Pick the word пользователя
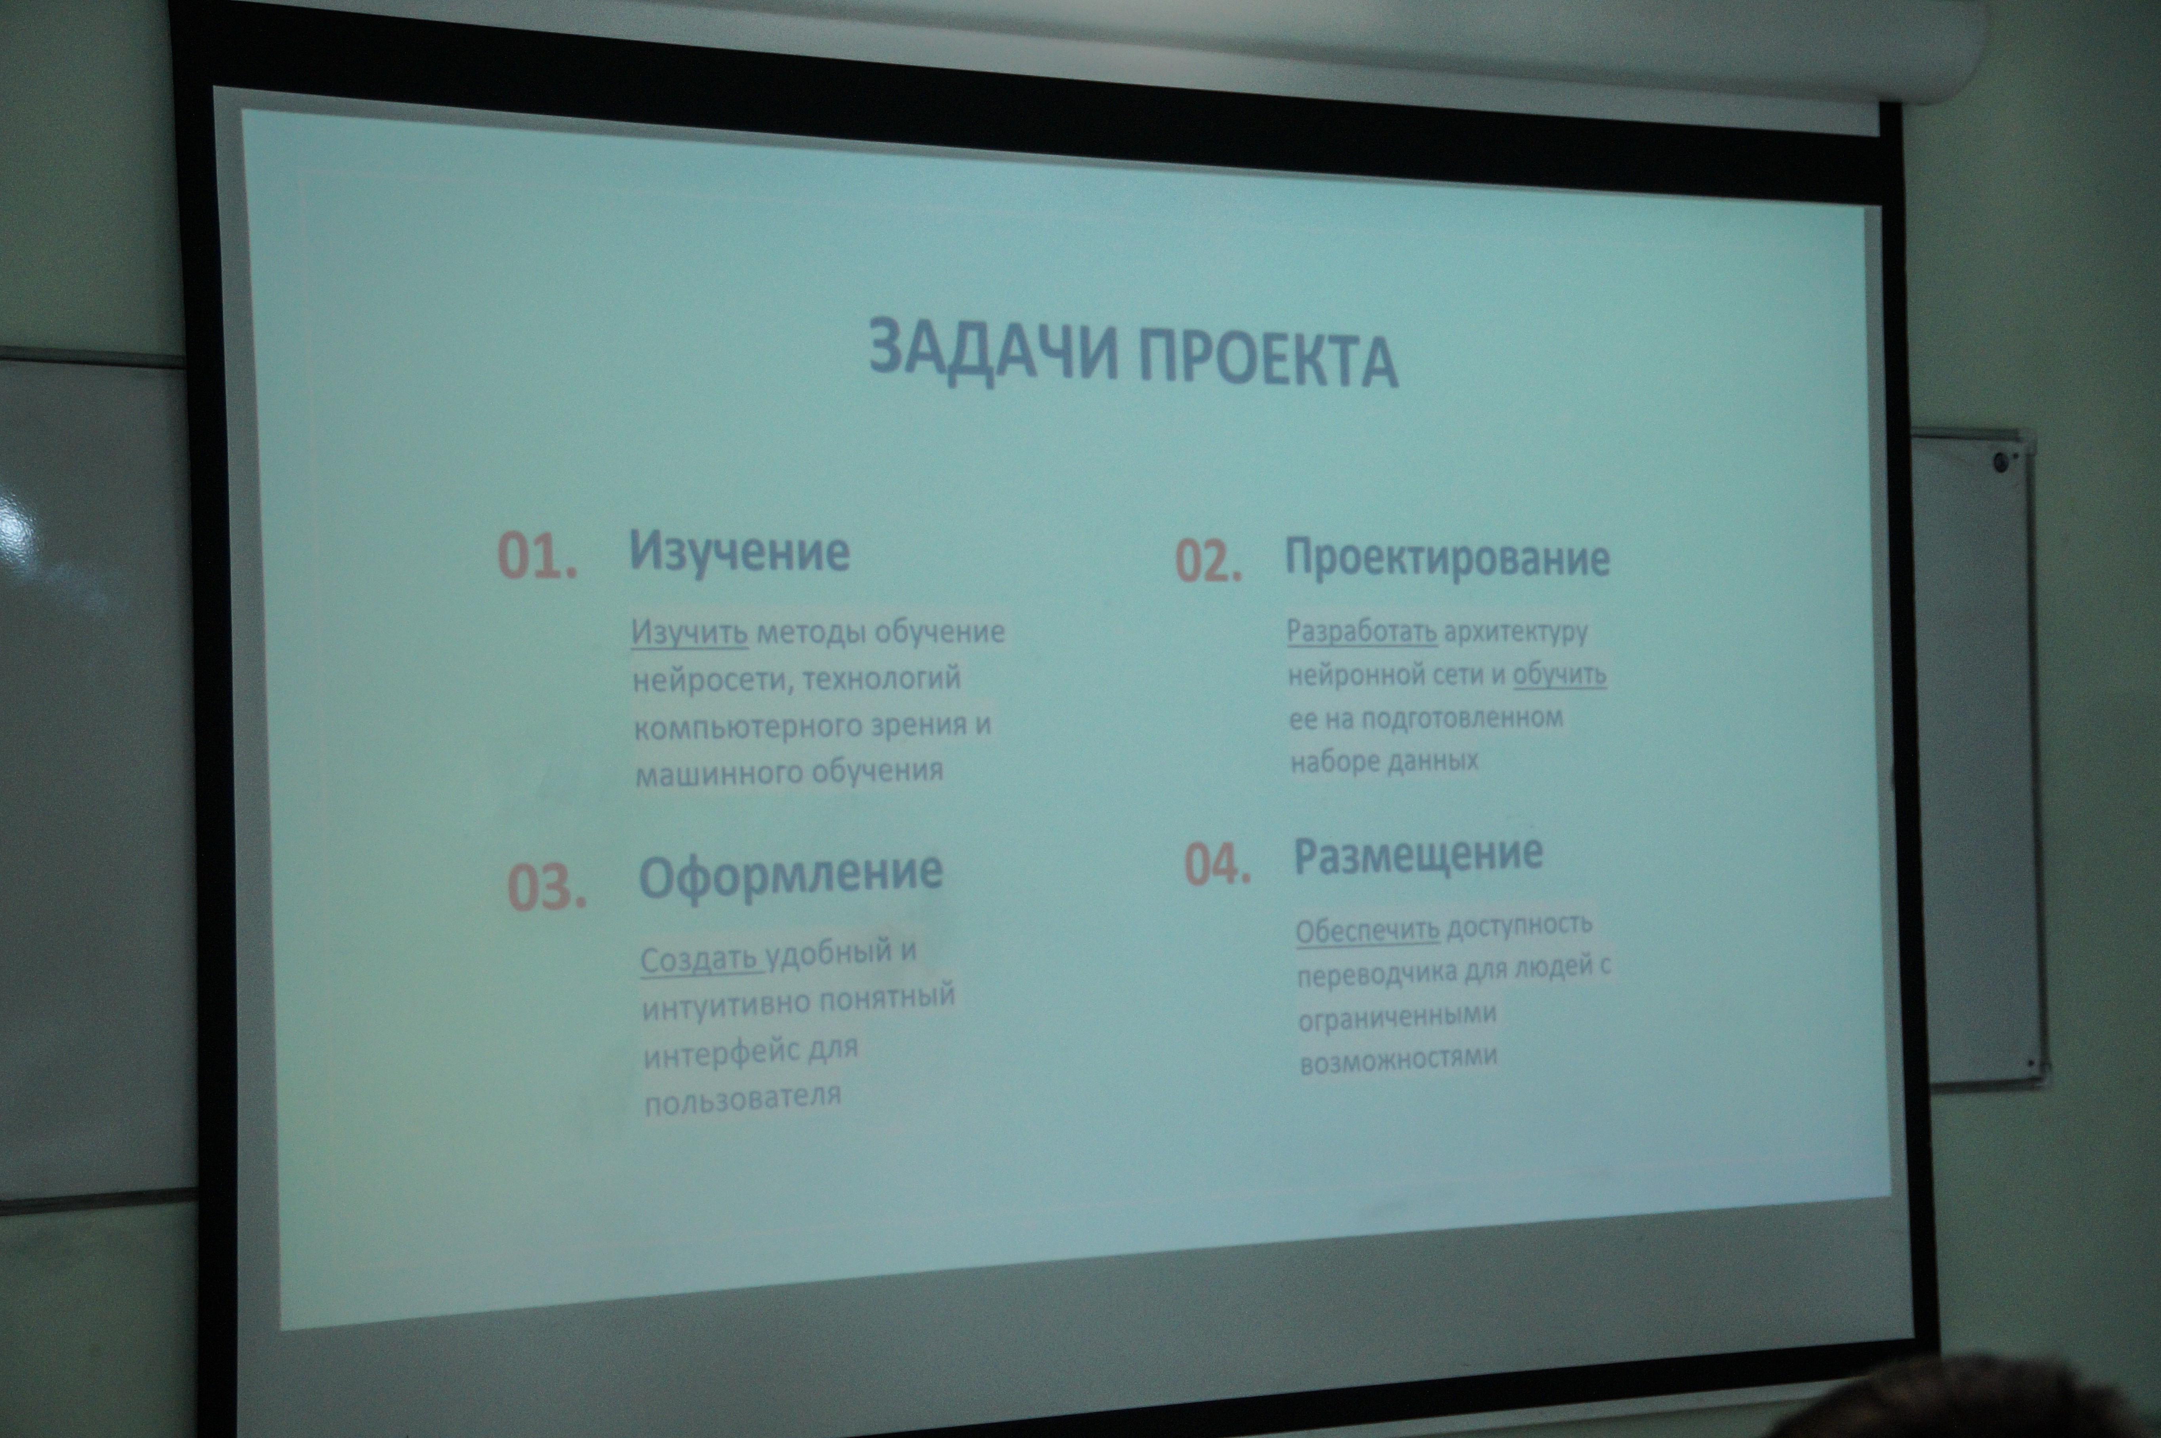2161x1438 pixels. (x=743, y=1098)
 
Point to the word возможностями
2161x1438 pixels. (x=1399, y=1058)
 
